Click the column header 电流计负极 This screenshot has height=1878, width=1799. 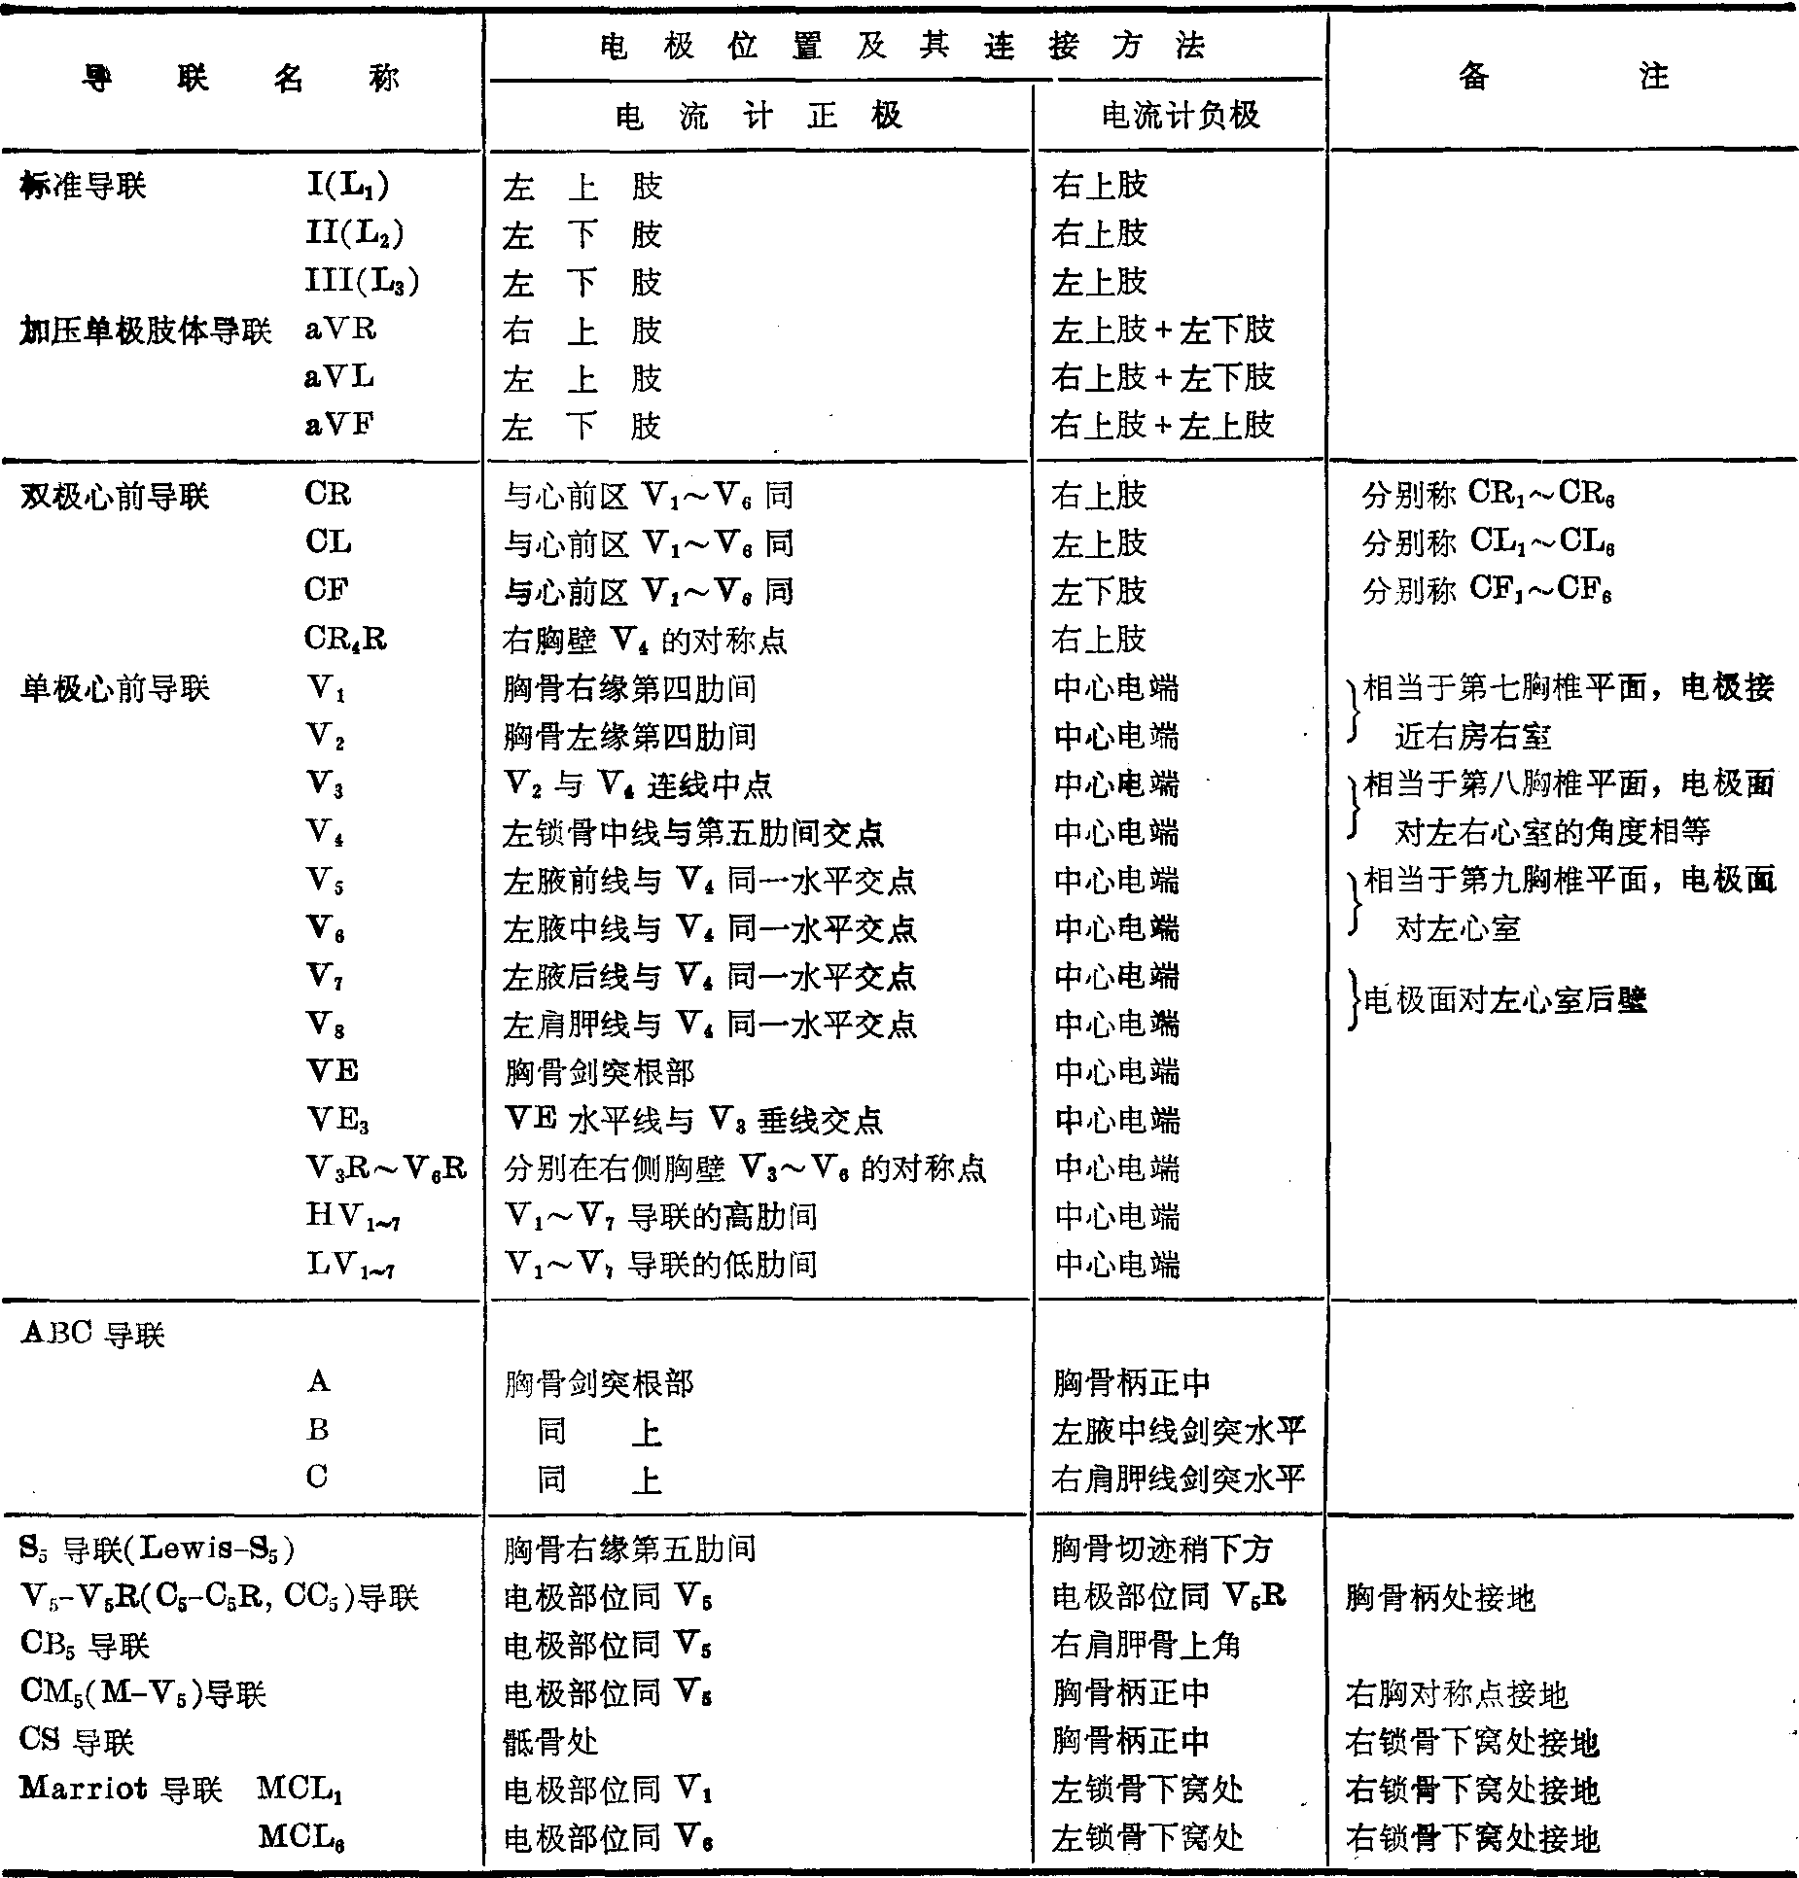[1180, 116]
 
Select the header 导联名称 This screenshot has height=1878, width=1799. [241, 78]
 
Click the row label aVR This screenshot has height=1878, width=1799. [340, 330]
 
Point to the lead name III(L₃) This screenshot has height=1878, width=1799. [362, 281]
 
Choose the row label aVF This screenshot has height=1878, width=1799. [339, 425]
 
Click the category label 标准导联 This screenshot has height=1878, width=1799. [83, 185]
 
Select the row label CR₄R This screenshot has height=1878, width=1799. [345, 639]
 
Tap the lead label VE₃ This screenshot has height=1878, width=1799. [337, 1121]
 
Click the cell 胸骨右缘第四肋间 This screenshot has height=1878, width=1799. [629, 689]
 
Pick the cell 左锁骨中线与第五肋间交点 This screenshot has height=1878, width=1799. [692, 833]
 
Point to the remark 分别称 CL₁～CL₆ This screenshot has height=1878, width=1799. [1488, 542]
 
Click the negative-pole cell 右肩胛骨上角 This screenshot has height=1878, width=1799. [1146, 1645]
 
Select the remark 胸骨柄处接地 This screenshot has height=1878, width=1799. [1440, 1597]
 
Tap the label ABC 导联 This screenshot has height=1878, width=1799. [92, 1334]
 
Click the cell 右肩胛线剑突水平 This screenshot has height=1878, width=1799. [1177, 1478]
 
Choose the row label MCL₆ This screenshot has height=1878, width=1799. [301, 1836]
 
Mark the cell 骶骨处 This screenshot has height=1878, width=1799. [550, 1741]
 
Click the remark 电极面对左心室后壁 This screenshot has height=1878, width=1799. [1504, 1000]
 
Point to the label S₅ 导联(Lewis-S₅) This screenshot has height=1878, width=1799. [157, 1548]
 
